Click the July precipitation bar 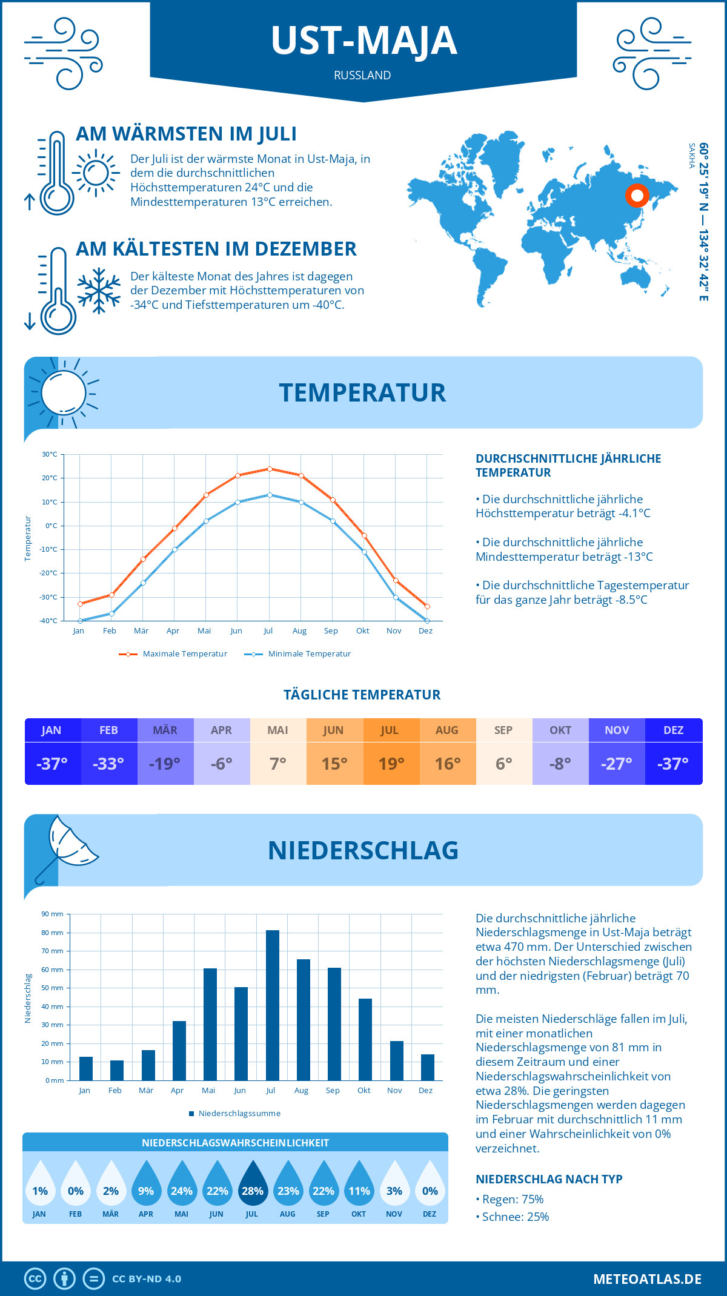(x=272, y=1005)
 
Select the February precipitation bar (x=117, y=1070)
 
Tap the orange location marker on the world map (x=637, y=196)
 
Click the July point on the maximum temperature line (x=270, y=469)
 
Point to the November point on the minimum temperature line (x=396, y=597)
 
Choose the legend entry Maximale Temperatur (x=173, y=654)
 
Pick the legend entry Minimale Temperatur (x=297, y=654)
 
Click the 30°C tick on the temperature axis (x=50, y=454)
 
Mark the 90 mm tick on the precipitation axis (x=52, y=914)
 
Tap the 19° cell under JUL (x=391, y=764)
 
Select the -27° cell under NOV (x=616, y=764)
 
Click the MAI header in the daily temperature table (x=277, y=730)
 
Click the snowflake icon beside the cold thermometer (x=99, y=290)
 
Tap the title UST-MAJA (x=363, y=41)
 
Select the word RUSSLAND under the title (x=362, y=75)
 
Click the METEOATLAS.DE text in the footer (x=647, y=1279)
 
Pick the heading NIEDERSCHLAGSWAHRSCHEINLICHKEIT (x=235, y=1143)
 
